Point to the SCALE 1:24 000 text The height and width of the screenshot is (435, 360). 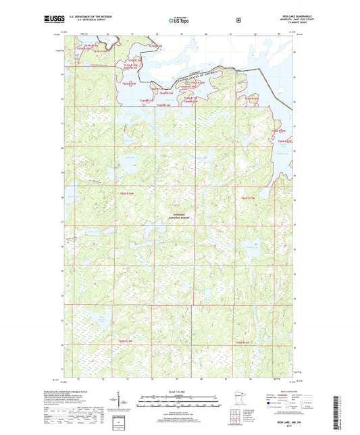180,392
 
